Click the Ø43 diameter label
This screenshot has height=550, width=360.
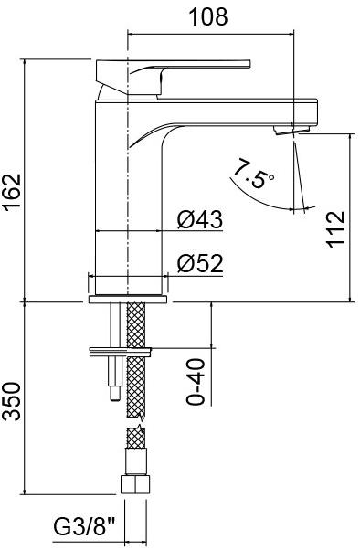pyautogui.click(x=200, y=220)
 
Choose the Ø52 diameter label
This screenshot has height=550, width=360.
pyautogui.click(x=200, y=264)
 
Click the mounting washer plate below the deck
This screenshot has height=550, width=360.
pyautogui.click(x=121, y=348)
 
